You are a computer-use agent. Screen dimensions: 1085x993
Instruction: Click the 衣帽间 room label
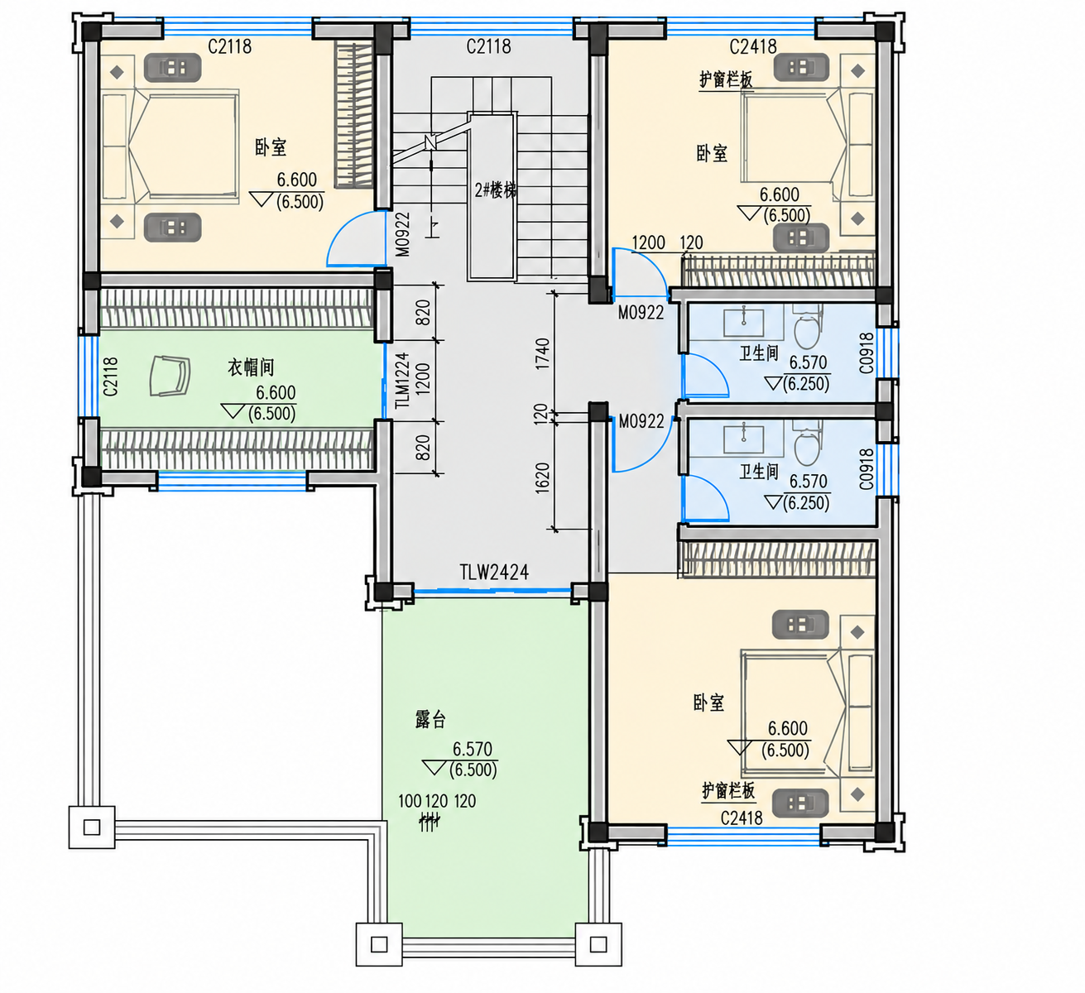251,367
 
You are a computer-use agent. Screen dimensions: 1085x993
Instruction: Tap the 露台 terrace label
430,719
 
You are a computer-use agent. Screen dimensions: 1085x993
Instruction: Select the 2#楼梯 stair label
496,190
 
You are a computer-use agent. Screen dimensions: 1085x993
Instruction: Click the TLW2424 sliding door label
494,572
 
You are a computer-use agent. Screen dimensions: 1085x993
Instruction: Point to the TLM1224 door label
402,381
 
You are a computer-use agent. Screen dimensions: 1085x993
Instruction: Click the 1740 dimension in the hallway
542,353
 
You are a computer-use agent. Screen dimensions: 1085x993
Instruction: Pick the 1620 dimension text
542,477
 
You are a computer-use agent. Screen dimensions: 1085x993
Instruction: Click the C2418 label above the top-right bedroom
753,46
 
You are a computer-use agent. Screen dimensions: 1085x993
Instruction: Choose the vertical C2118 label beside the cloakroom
110,377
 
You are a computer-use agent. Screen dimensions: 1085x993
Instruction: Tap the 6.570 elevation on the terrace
473,749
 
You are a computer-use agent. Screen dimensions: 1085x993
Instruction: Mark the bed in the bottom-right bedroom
807,713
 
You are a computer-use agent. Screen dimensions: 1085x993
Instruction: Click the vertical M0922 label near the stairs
402,234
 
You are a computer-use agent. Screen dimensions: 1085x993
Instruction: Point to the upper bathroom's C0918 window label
866,353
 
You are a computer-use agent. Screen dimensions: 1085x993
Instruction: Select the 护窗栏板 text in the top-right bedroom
725,80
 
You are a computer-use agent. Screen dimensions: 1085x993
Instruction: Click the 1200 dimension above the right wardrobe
648,242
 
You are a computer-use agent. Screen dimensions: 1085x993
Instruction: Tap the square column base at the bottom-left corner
92,827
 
